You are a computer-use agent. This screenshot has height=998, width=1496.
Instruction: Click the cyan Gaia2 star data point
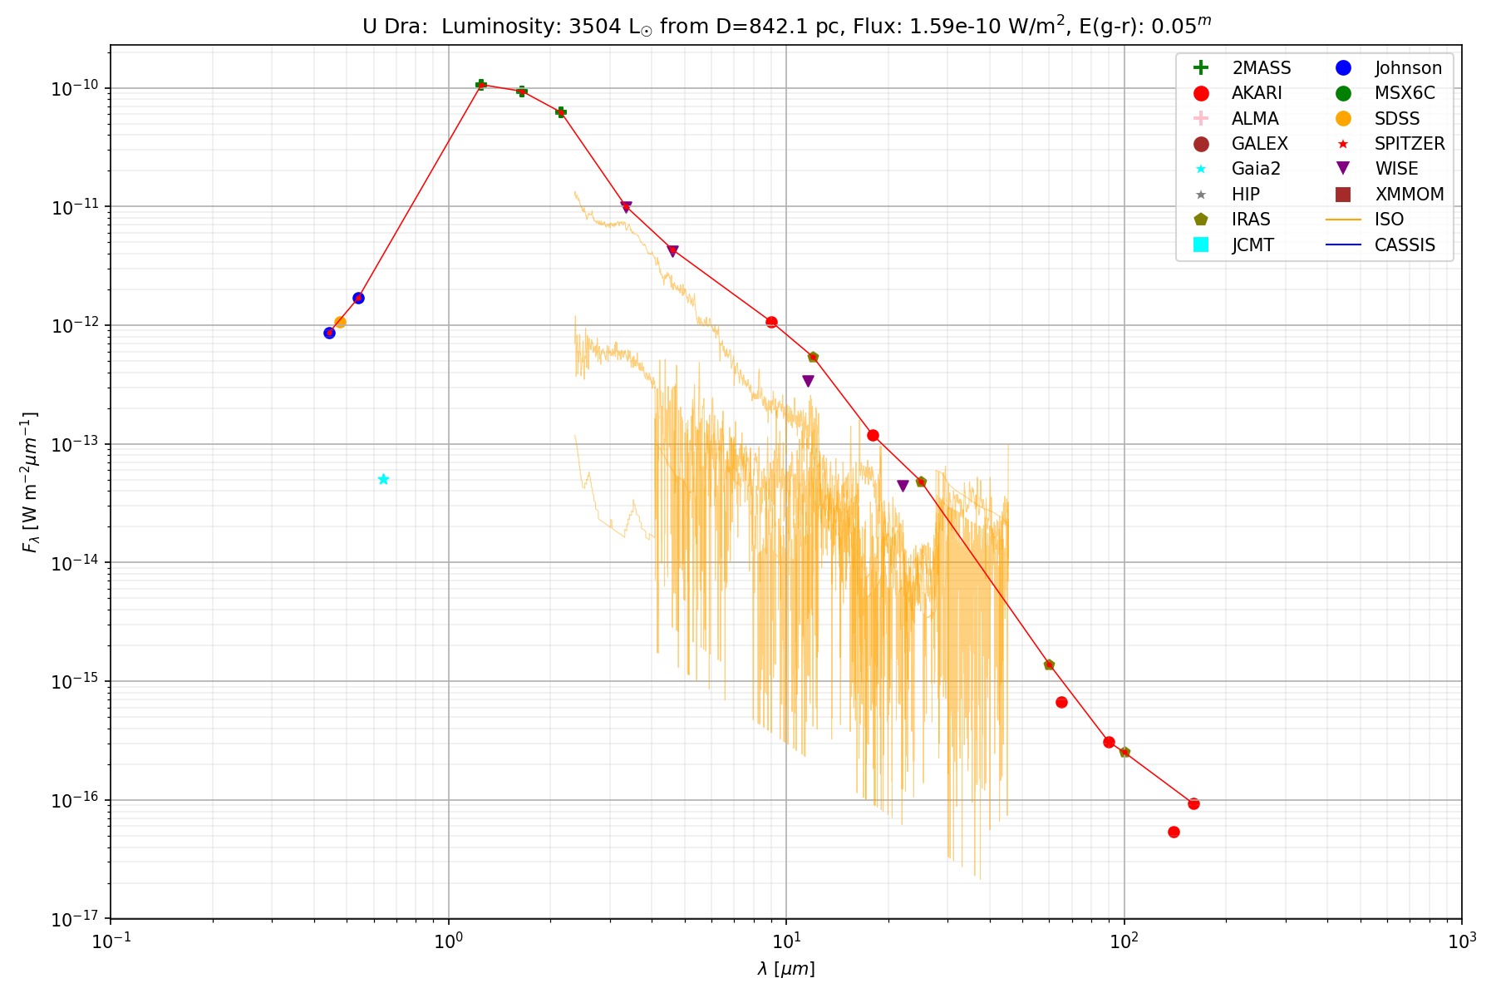tap(383, 479)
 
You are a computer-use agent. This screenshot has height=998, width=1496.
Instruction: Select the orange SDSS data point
tap(340, 322)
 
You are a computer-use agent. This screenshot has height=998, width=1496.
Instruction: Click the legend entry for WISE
tap(1396, 169)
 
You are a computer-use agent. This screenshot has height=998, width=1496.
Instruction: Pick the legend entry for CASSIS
tap(1405, 245)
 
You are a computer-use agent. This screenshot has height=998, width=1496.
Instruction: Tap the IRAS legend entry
tap(1251, 220)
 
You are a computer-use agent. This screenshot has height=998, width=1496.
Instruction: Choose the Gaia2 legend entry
tap(1256, 169)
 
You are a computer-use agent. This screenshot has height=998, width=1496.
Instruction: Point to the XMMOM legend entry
tap(1410, 195)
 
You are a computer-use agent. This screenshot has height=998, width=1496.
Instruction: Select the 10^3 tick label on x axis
tap(1461, 941)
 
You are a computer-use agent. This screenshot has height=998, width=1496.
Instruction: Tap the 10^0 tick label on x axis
tap(448, 941)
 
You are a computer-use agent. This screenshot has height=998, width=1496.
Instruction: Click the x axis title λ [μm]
tap(785, 969)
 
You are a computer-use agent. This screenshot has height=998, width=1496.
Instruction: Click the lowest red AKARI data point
tap(1174, 832)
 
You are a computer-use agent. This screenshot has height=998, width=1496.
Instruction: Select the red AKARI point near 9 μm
tap(771, 322)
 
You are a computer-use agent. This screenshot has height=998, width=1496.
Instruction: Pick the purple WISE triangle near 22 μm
tap(903, 486)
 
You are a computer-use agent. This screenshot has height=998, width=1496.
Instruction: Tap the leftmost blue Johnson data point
tap(329, 333)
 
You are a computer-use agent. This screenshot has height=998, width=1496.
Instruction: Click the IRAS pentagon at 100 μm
tap(1124, 752)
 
